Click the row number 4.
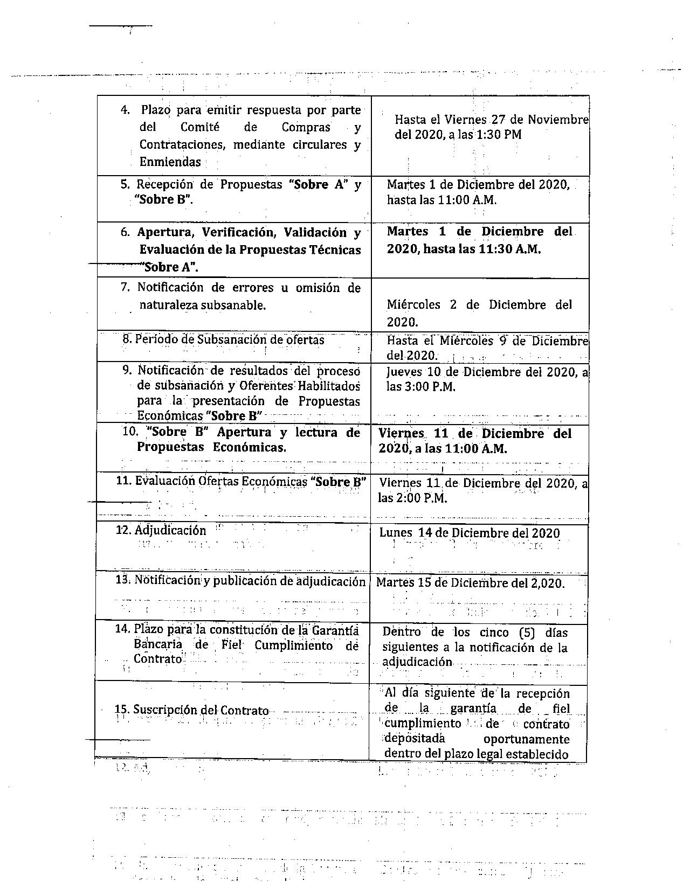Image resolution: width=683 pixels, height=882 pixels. coord(125,110)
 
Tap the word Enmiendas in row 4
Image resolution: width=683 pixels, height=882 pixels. coord(170,162)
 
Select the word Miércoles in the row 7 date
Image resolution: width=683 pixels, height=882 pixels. coord(413,305)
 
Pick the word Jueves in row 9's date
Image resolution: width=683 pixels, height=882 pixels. coord(404,372)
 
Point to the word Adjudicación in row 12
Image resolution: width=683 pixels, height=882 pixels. coord(170,531)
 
